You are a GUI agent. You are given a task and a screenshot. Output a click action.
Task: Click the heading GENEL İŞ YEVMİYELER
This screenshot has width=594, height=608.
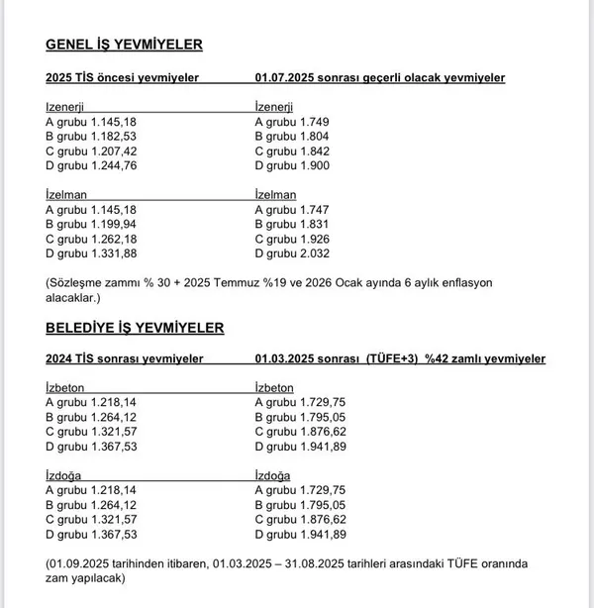click(x=124, y=45)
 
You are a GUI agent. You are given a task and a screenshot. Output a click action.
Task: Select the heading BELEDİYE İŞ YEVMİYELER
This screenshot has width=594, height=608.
click(x=135, y=327)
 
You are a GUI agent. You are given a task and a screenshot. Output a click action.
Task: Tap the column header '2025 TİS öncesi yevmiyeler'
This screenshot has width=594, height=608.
click(x=123, y=77)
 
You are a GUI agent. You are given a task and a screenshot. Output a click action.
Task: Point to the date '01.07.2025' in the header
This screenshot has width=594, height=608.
click(x=286, y=77)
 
